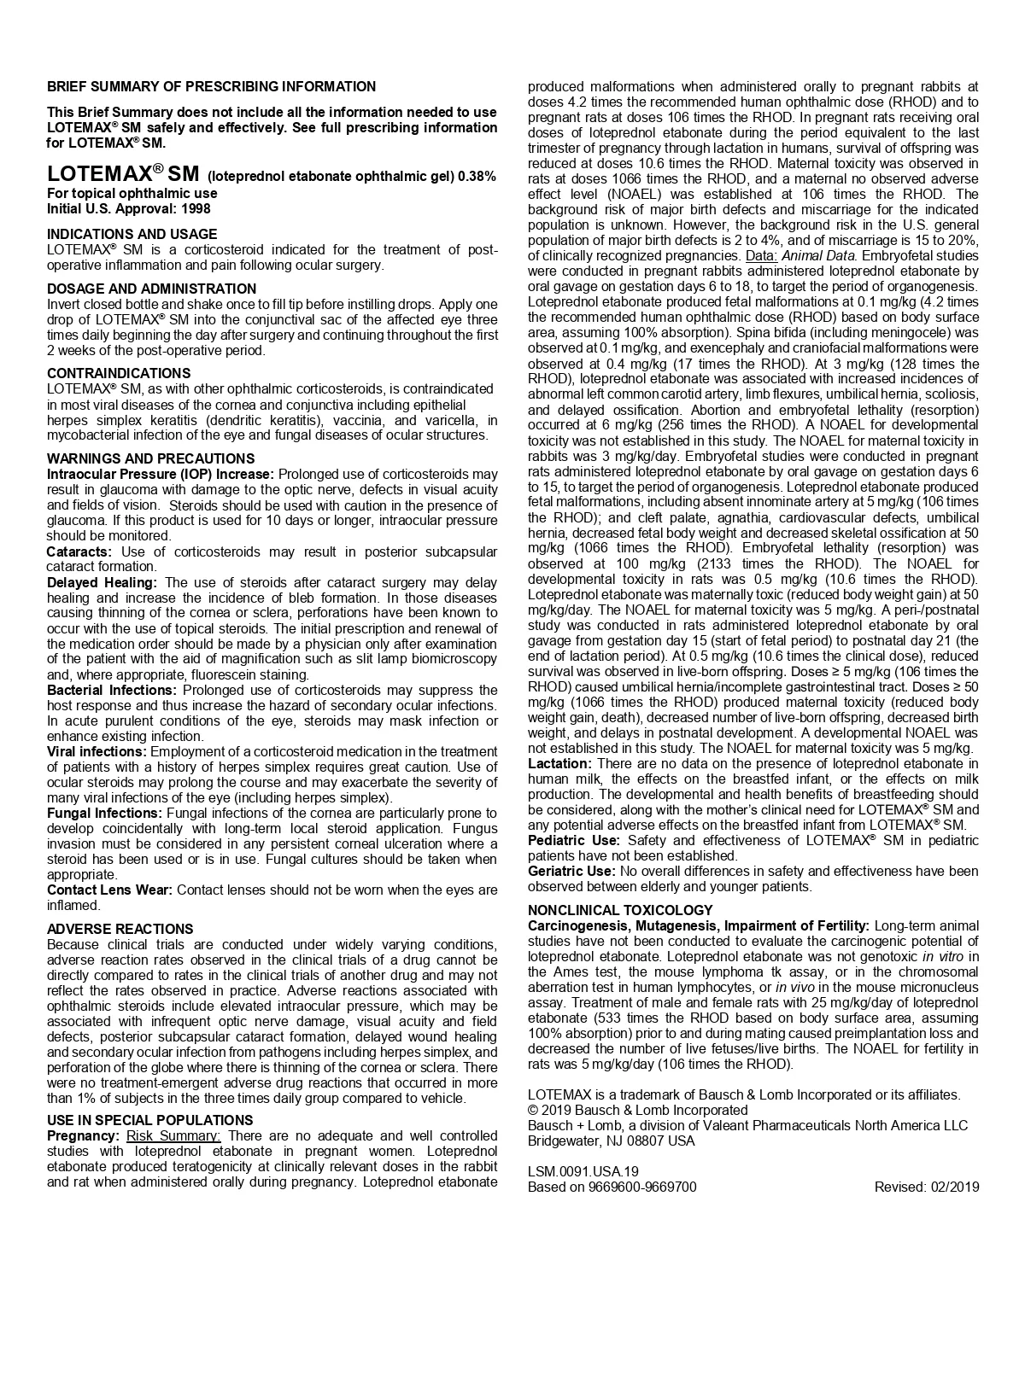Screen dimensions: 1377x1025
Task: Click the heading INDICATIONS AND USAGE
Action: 132,234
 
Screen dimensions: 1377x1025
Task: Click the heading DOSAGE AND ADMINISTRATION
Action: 151,289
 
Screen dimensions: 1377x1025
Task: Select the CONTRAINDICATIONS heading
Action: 119,373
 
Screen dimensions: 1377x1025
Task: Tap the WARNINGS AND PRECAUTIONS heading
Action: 151,458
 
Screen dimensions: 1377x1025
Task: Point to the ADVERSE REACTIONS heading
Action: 120,929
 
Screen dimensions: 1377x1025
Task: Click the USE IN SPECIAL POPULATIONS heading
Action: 150,1120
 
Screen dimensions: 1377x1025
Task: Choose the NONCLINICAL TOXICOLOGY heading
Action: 620,910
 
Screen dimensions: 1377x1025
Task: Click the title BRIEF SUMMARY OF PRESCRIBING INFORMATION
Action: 211,86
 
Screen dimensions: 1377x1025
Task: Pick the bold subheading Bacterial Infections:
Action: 112,690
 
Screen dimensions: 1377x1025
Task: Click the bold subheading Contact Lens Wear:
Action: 109,890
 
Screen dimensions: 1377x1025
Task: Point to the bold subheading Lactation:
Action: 559,763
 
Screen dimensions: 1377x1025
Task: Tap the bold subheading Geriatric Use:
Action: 571,871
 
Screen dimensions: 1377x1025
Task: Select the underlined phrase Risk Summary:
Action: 173,1135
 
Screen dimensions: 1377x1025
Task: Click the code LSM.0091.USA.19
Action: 583,1171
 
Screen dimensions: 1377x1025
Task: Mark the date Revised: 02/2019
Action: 927,1187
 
